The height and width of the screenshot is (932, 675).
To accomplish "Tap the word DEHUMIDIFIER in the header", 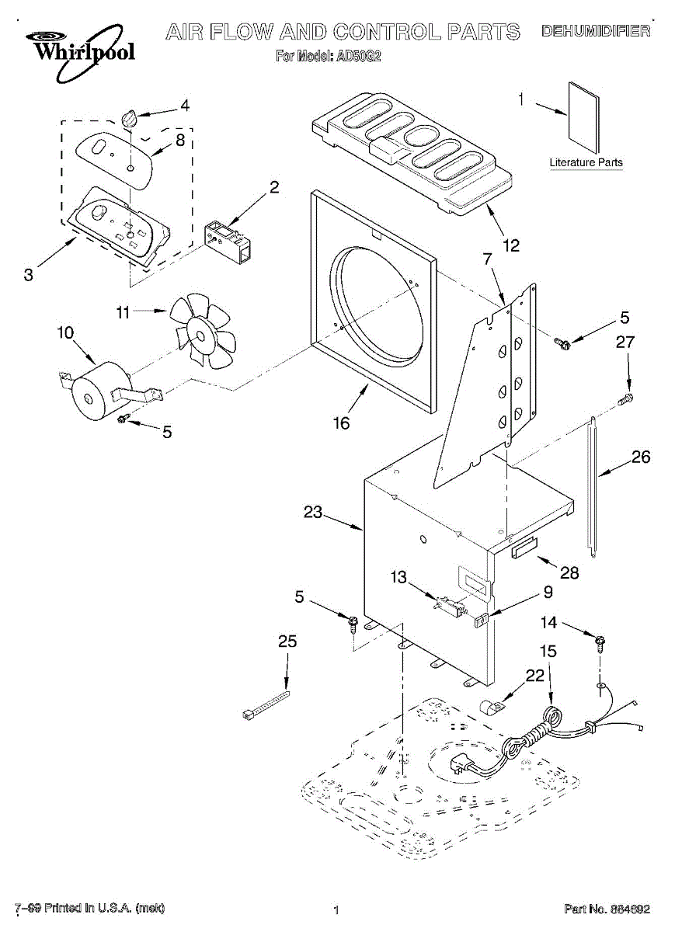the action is tap(596, 31).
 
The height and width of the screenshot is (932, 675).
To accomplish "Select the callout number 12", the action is tap(511, 245).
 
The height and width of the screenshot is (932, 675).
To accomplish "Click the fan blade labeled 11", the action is tap(203, 331).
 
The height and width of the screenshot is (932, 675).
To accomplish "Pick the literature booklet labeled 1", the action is tap(584, 118).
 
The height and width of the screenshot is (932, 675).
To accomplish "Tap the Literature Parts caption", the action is tap(586, 162).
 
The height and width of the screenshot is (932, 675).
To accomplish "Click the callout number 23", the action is tap(312, 512).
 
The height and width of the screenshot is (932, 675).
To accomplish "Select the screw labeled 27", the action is tap(625, 399).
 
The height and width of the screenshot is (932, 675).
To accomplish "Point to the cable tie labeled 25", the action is tap(266, 707).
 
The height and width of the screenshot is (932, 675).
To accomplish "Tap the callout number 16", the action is tap(341, 423).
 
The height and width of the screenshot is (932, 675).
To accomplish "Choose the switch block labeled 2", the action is tap(228, 243).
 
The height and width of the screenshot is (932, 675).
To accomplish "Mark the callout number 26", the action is tap(641, 457).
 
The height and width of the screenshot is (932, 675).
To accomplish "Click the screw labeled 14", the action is tap(600, 644).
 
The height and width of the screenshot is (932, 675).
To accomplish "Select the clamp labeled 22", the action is tap(492, 708).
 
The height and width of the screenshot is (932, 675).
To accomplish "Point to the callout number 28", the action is tap(569, 572).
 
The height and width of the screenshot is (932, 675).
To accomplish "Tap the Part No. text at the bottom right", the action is tap(607, 909).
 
